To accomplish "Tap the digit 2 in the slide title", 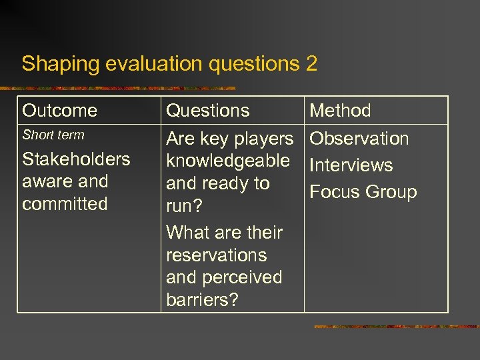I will pyautogui.click(x=311, y=64).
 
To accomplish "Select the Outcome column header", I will pyautogui.click(x=59, y=111).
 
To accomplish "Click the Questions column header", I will pyautogui.click(x=208, y=111).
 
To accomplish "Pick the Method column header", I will pyautogui.click(x=341, y=111).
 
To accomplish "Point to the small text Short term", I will pyautogui.click(x=53, y=135).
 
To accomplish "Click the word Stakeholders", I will pyautogui.click(x=76, y=159).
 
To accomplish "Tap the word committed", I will pyautogui.click(x=65, y=204).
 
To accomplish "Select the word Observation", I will pyautogui.click(x=359, y=139).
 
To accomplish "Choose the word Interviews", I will pyautogui.click(x=351, y=165).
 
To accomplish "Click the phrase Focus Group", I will pyautogui.click(x=363, y=192).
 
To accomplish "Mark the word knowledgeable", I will pyautogui.click(x=228, y=161).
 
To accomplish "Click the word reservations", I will pyautogui.click(x=217, y=255).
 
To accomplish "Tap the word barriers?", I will pyautogui.click(x=202, y=300).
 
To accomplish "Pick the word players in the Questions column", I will pyautogui.click(x=261, y=139).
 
